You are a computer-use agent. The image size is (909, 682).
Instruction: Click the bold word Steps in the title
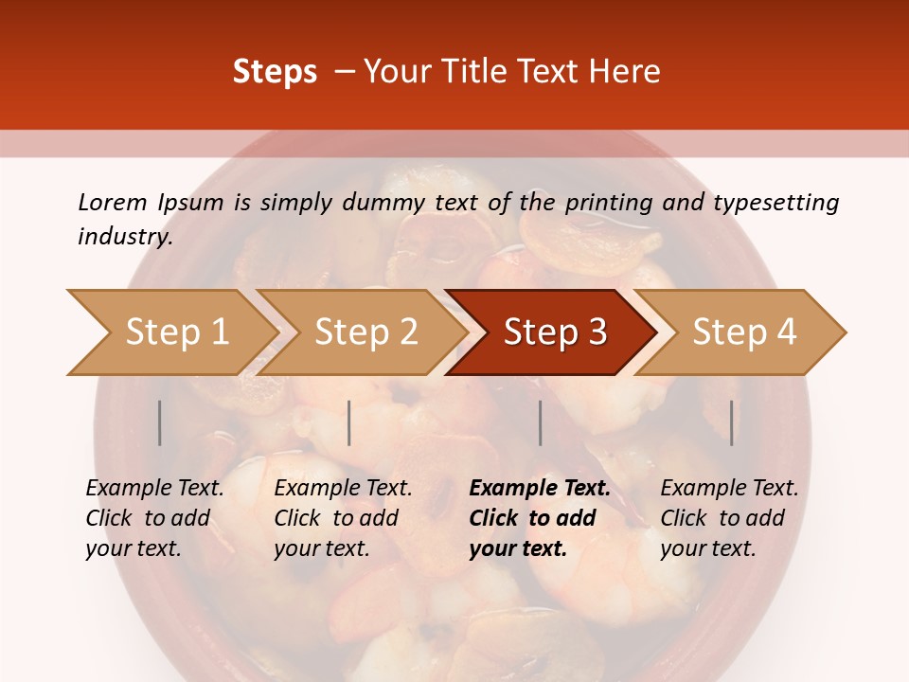tap(275, 72)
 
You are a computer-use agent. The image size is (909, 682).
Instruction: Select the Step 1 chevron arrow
tap(170, 332)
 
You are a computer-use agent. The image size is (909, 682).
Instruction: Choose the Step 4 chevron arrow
tap(744, 332)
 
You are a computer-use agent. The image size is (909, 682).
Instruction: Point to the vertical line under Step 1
tap(160, 422)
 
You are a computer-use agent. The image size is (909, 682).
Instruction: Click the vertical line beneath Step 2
tap(349, 422)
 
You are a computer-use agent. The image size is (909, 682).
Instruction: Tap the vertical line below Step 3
tap(540, 422)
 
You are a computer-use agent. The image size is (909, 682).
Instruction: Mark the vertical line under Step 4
tap(731, 422)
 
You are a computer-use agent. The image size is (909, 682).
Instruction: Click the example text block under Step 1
tap(154, 518)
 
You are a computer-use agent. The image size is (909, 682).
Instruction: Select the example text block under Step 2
tap(343, 518)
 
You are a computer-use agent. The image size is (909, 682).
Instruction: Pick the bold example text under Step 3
tap(540, 518)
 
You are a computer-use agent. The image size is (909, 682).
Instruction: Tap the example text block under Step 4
tap(729, 518)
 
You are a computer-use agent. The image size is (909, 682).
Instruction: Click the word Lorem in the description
tap(113, 203)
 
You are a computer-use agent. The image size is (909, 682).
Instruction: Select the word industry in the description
tap(125, 237)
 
